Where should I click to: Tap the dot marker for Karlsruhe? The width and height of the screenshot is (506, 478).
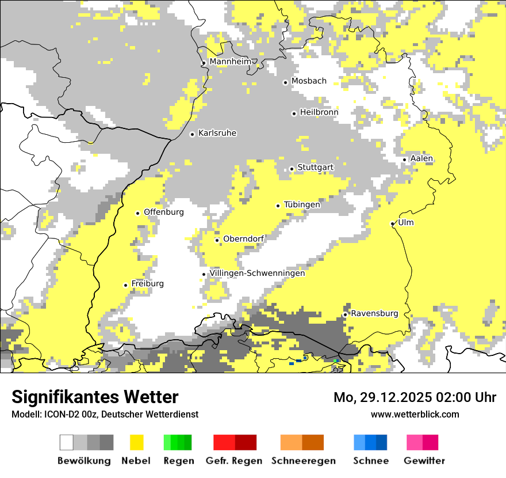pyautogui.click(x=193, y=134)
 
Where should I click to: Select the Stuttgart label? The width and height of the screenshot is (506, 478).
pyautogui.click(x=315, y=168)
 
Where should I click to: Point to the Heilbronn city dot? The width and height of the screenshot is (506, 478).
pyautogui.click(x=294, y=113)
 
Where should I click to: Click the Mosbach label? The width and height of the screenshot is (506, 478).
pyautogui.click(x=309, y=81)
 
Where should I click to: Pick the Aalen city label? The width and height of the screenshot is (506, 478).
pyautogui.click(x=421, y=158)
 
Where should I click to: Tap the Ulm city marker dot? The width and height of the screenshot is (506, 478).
pyautogui.click(x=392, y=224)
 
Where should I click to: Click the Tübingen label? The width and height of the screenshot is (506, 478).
pyautogui.click(x=302, y=204)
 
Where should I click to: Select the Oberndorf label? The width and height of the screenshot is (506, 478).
pyautogui.click(x=244, y=239)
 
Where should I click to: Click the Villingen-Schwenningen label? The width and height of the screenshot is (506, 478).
pyautogui.click(x=257, y=273)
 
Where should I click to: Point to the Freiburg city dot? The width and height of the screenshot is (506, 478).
pyautogui.click(x=125, y=285)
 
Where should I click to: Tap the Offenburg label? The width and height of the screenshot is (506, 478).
pyautogui.click(x=164, y=212)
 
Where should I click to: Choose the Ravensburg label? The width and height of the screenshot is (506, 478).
pyautogui.click(x=374, y=313)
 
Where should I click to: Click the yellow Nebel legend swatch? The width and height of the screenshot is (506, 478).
pyautogui.click(x=137, y=442)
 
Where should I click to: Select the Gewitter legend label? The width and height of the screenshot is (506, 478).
pyautogui.click(x=424, y=461)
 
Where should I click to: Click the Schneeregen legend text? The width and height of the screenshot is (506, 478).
pyautogui.click(x=304, y=461)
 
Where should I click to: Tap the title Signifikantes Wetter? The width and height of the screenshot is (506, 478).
pyautogui.click(x=95, y=397)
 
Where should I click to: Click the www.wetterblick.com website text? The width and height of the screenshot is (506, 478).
pyautogui.click(x=415, y=414)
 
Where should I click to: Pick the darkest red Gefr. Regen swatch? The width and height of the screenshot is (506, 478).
pyautogui.click(x=246, y=442)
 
